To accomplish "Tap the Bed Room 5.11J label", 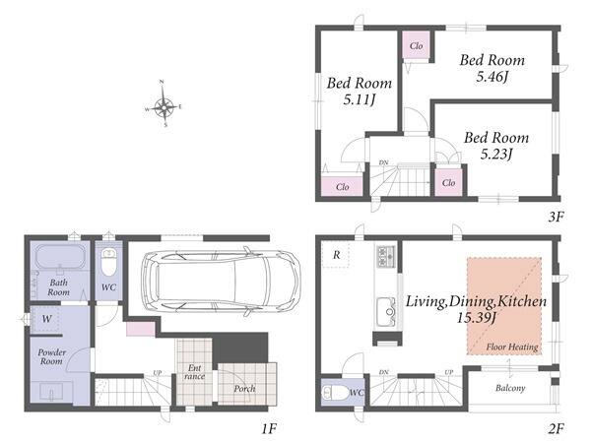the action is coord(360,92).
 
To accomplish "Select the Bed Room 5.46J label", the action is coord(492,68).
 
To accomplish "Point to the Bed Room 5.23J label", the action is coord(496,146).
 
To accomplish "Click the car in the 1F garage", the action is coord(221,281).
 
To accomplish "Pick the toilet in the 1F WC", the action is coord(108,262).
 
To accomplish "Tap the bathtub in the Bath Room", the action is coord(59,257).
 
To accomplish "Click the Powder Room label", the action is coord(51,356).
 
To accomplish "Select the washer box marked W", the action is coord(46,319).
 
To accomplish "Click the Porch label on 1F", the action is coord(244,389).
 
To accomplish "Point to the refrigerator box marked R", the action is coord(336,255).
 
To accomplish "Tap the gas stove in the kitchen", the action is coord(385,256).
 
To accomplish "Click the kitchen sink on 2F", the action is coord(385,311).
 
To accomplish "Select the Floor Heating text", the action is coord(512,347).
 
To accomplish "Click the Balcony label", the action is coord(510,388).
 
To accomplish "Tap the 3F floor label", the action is coord(556,217).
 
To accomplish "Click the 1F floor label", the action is coord(269,428).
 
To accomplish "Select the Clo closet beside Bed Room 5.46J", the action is coord(416,45).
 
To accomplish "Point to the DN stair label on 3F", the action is coord(383,162).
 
